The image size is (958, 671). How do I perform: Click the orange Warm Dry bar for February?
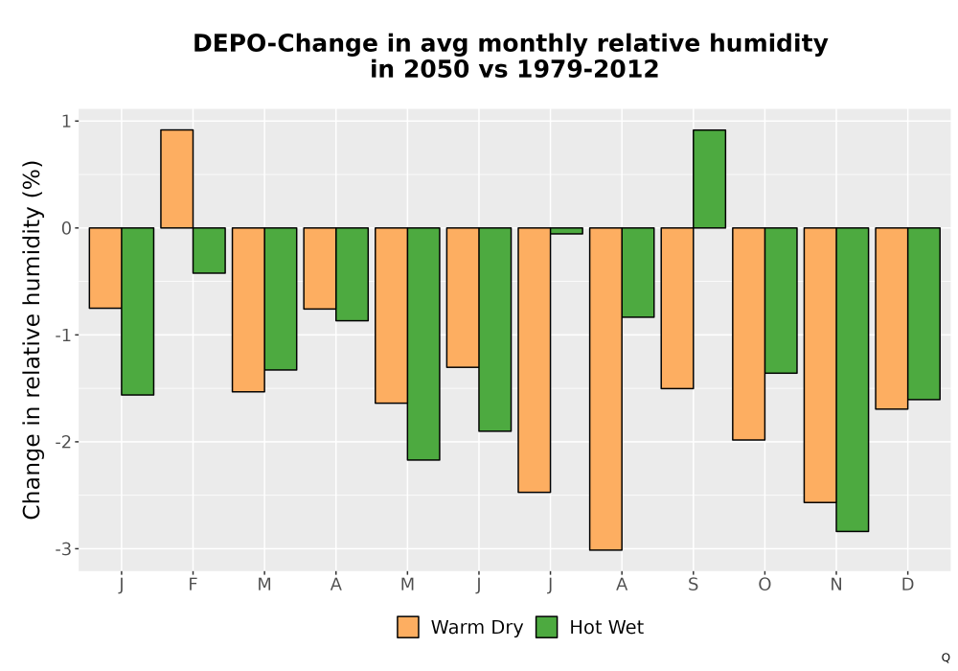176,178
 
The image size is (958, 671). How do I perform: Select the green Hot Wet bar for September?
709,178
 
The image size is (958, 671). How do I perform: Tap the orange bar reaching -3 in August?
605,388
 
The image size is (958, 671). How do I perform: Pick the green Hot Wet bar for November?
853,380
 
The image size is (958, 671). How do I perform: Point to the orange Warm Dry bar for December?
891,318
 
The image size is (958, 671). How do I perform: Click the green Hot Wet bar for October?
781,300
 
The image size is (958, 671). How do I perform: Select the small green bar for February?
209,250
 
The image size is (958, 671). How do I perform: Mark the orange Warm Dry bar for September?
677,308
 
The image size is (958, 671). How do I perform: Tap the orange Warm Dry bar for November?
820,365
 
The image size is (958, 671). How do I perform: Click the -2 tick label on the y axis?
62,442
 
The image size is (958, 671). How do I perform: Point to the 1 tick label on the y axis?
66,121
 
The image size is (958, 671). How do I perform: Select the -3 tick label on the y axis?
62,548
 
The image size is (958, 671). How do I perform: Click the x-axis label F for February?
193,585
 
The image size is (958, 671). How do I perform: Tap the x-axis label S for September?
693,585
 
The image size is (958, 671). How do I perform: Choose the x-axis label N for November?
835,585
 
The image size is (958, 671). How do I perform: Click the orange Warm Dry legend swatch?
408,627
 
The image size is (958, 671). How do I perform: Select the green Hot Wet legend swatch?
547,627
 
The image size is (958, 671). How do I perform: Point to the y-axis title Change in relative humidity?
32,339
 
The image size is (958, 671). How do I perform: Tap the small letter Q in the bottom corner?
946,658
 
